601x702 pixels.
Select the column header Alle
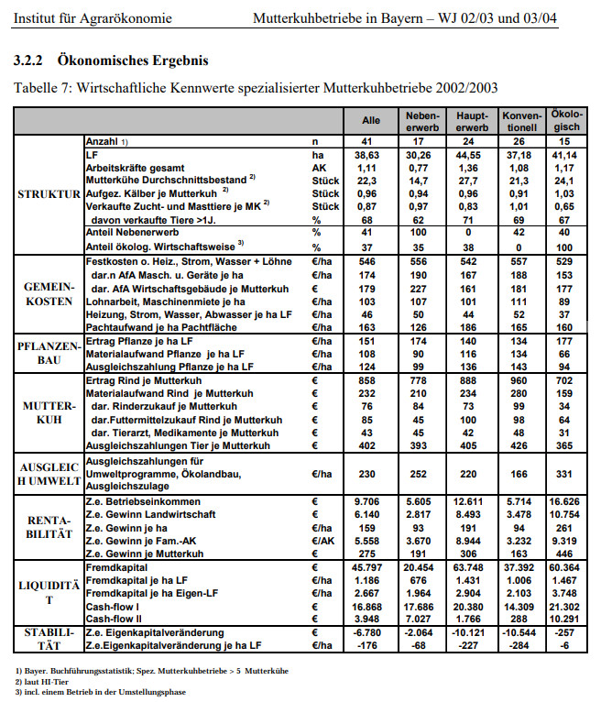coord(371,120)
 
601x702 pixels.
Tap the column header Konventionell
coord(521,120)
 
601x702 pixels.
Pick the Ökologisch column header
coord(564,120)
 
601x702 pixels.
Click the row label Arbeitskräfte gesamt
coord(135,169)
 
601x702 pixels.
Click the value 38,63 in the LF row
coord(370,156)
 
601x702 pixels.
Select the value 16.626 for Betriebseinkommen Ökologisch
coord(564,502)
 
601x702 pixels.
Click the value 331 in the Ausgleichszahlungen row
coord(564,474)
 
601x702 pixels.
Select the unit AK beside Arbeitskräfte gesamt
coord(318,169)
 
